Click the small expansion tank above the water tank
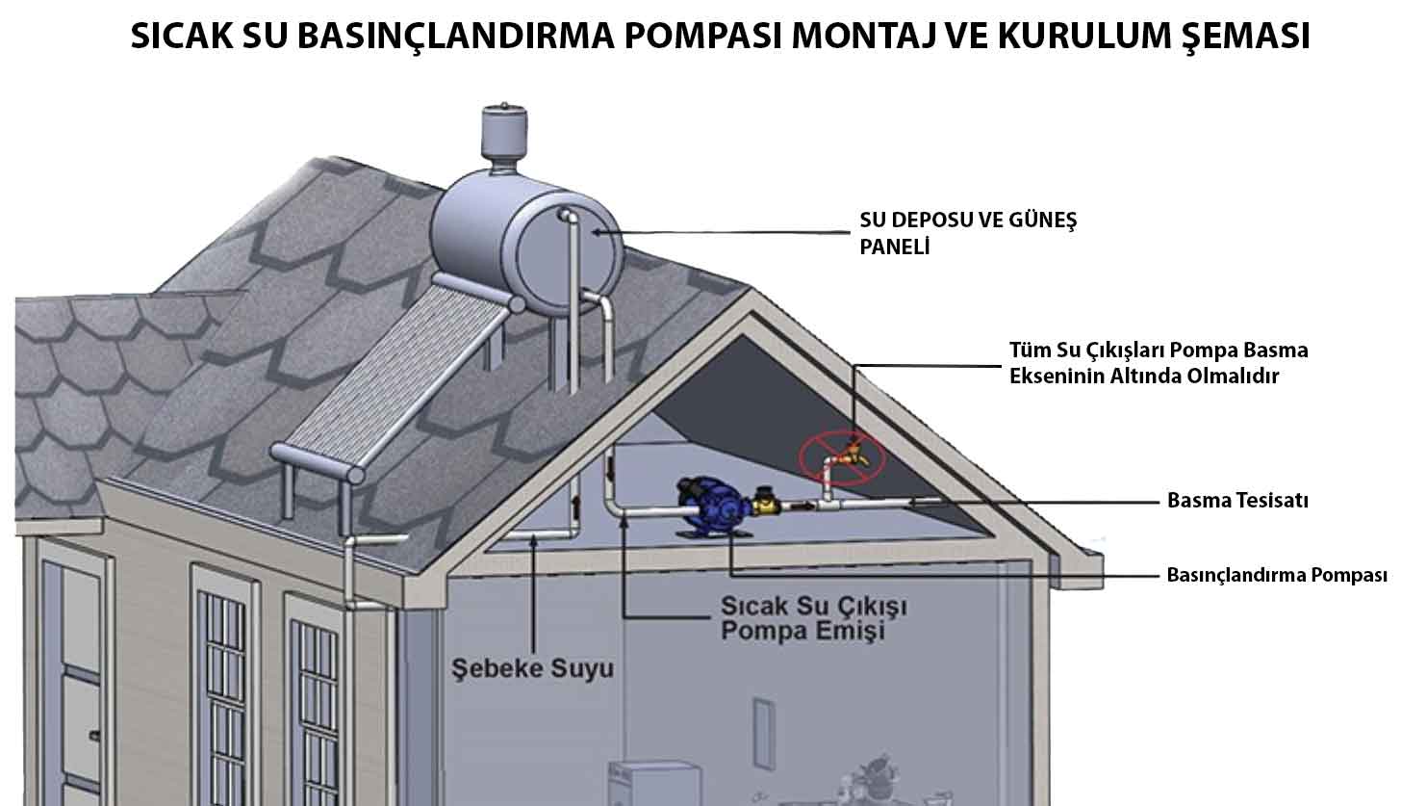pyautogui.click(x=506, y=130)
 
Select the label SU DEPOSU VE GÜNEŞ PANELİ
pyautogui.click(x=967, y=233)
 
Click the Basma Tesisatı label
pyautogui.click(x=1236, y=501)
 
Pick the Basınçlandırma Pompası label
pyautogui.click(x=1276, y=576)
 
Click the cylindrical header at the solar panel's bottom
pyautogui.click(x=318, y=463)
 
